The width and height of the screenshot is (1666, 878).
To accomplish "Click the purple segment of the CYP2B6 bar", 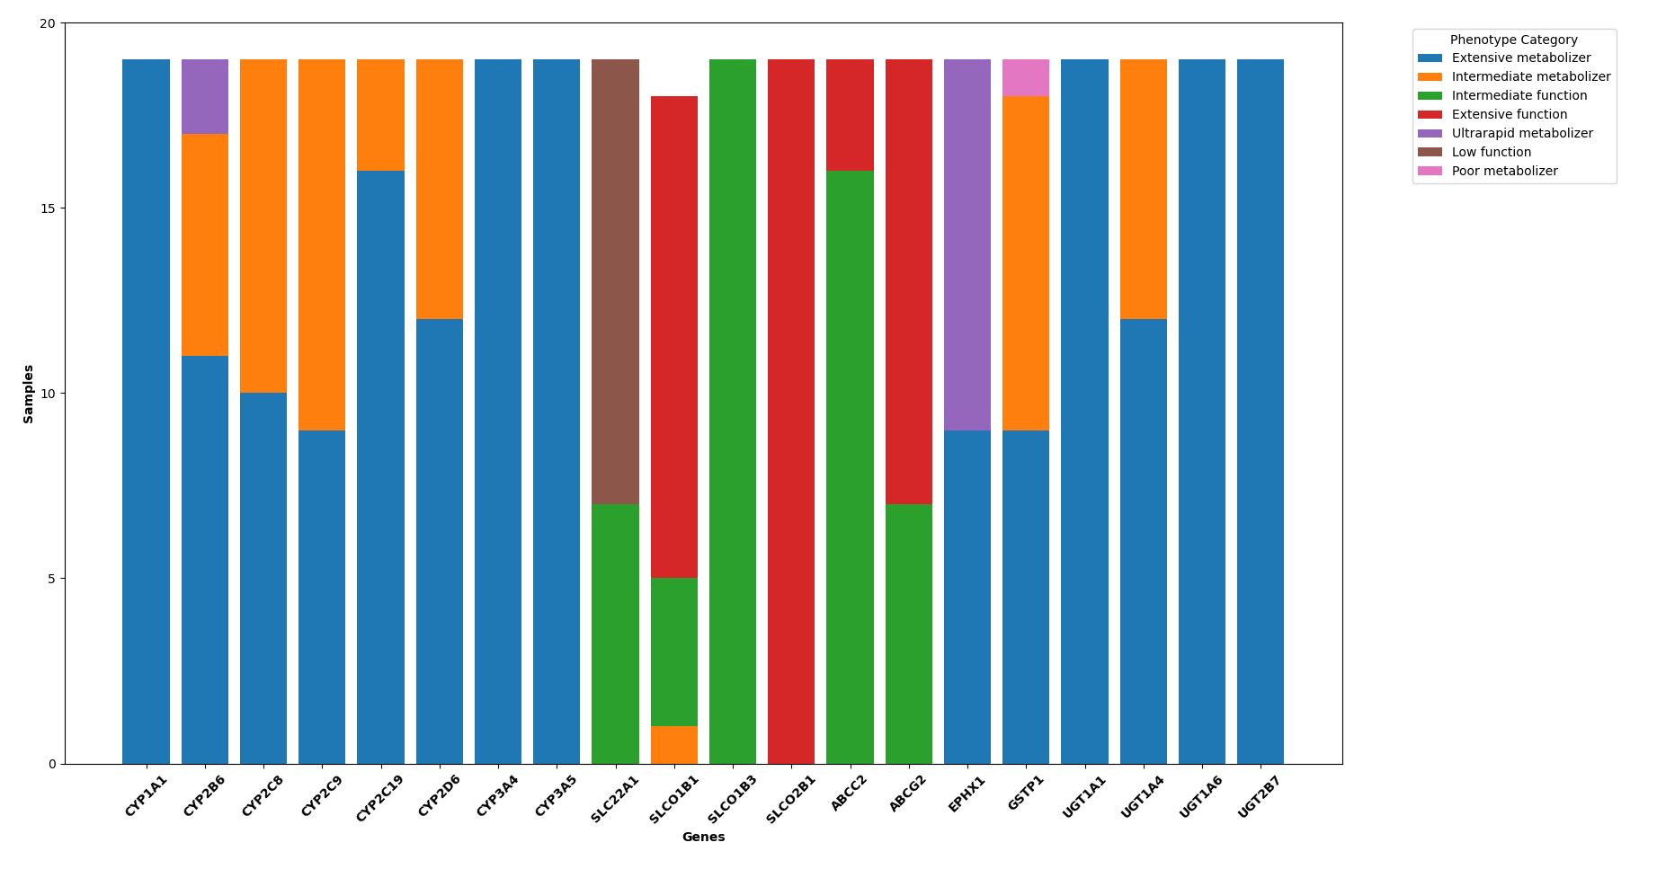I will point(205,97).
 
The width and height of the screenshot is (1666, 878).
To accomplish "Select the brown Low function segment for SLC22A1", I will point(615,281).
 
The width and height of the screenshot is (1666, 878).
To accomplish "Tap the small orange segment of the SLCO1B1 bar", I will point(673,744).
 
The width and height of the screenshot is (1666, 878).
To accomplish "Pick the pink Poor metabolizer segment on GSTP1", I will point(1026,78).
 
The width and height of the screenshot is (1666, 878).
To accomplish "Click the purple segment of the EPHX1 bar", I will point(967,244).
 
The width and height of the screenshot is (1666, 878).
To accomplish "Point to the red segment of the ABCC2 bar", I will point(850,115).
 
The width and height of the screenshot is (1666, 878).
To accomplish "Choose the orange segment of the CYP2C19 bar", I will point(380,115).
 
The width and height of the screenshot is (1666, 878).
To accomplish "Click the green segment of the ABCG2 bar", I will point(908,634).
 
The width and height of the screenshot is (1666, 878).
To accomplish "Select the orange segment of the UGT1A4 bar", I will point(1143,189).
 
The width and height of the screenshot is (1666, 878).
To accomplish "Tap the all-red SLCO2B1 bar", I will point(791,412).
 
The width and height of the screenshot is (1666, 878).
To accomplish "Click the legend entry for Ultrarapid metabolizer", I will point(1521,134).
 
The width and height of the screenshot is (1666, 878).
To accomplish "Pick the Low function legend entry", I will point(1491,153).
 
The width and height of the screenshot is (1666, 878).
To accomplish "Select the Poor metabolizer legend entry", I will point(1504,172).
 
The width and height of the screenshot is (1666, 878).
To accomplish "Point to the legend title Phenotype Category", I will point(1513,40).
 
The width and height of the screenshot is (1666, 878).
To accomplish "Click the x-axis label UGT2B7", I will point(1259,796).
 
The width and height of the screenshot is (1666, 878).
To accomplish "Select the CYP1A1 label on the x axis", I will point(146,796).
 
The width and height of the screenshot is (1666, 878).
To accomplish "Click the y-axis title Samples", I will point(29,394).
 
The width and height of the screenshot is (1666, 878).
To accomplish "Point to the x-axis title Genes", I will point(703,838).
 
